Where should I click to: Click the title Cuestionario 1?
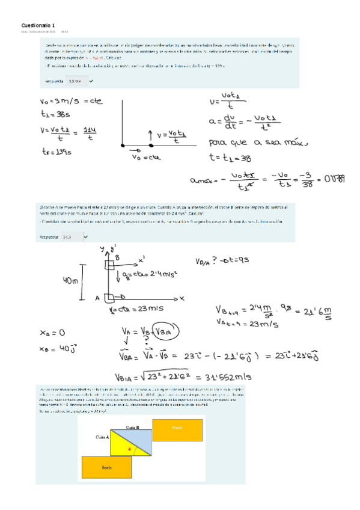coord(37,25)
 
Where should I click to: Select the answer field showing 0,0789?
coord(75,81)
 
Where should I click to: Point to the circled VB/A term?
coord(162,331)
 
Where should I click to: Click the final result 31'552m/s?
coord(215,377)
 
